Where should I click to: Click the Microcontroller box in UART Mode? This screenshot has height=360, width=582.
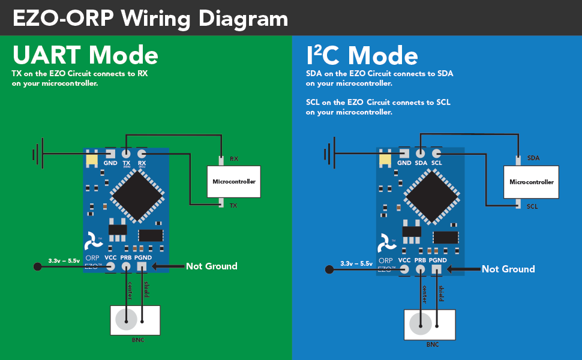(x=234, y=181)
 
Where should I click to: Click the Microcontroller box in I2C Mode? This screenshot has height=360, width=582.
(x=531, y=181)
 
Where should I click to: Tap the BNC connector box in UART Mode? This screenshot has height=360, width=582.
(x=136, y=320)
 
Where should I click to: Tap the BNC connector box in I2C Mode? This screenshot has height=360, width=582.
(x=430, y=325)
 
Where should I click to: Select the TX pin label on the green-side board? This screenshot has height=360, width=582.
(x=127, y=163)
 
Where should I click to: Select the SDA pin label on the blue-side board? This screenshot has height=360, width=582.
(x=421, y=163)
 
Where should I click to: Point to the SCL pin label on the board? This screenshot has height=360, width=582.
(x=437, y=163)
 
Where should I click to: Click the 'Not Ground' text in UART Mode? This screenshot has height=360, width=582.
(x=211, y=266)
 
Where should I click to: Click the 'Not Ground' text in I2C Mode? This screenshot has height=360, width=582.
(x=508, y=269)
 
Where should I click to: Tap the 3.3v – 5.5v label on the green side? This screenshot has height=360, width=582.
(x=64, y=261)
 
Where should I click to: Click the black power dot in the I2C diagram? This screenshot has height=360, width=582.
(x=329, y=269)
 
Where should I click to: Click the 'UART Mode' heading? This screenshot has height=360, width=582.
(x=85, y=55)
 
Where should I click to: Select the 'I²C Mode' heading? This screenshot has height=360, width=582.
(x=362, y=55)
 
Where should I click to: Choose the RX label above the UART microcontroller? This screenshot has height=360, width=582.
(x=234, y=160)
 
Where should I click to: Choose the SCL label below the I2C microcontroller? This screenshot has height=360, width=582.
(x=532, y=206)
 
